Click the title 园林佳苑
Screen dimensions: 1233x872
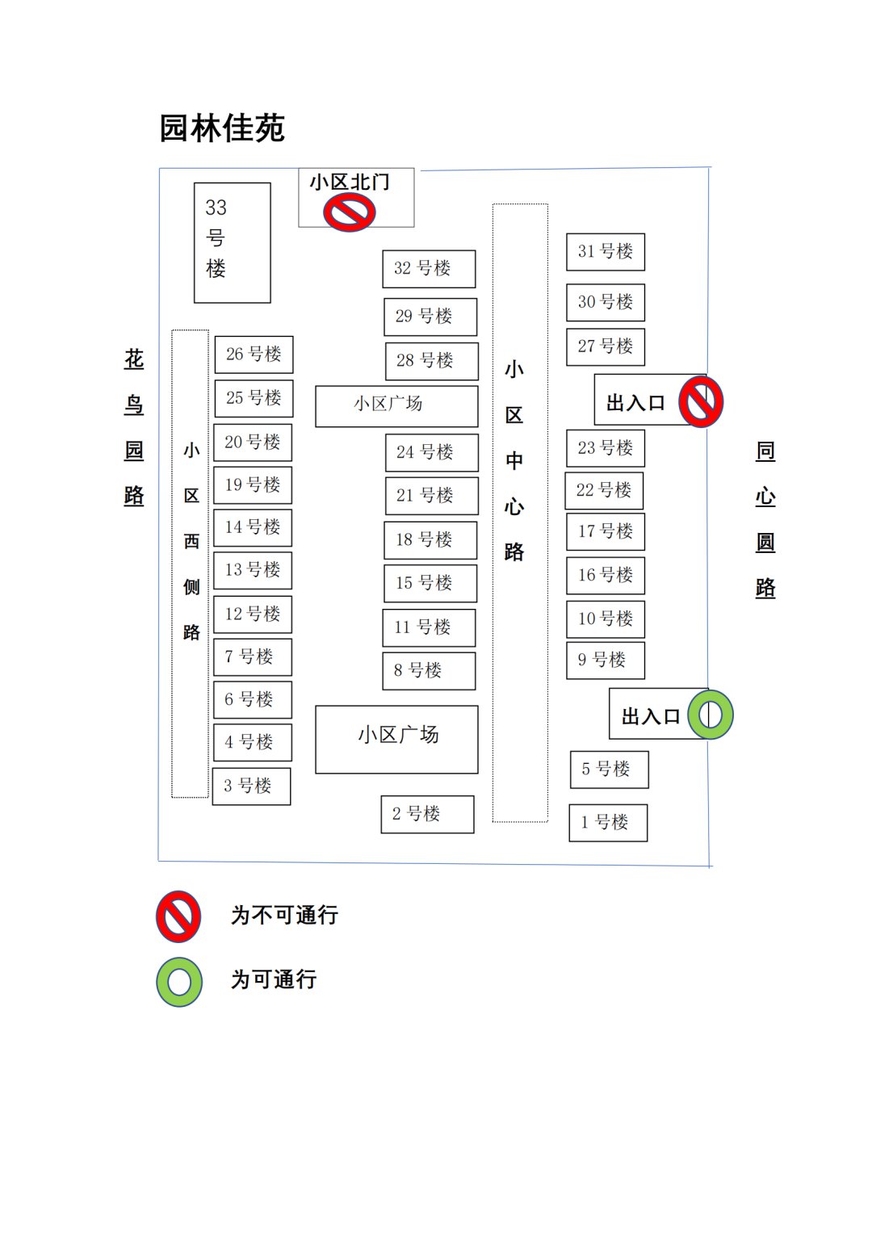(x=222, y=128)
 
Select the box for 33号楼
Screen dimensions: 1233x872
(x=232, y=242)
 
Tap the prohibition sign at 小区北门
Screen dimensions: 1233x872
(x=349, y=213)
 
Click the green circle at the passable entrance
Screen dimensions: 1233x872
(x=710, y=715)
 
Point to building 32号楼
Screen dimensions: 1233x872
(x=429, y=268)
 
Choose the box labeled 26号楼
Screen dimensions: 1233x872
(x=254, y=354)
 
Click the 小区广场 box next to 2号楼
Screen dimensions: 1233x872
(x=396, y=739)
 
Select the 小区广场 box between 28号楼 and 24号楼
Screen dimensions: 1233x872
(x=396, y=405)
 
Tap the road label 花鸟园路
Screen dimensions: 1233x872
(x=134, y=427)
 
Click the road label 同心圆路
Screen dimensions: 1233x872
(x=765, y=518)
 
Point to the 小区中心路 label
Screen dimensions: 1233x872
(x=514, y=460)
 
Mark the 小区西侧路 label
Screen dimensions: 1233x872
(x=191, y=540)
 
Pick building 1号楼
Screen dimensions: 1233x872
(x=608, y=823)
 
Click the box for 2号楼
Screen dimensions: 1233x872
(x=427, y=814)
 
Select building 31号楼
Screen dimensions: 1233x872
(x=606, y=251)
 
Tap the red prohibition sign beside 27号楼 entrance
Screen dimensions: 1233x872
(x=700, y=401)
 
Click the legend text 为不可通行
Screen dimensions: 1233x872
(x=284, y=916)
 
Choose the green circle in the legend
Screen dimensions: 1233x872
(x=179, y=982)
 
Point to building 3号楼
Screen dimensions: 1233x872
(x=251, y=786)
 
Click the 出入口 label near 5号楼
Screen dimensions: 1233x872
(x=650, y=716)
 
